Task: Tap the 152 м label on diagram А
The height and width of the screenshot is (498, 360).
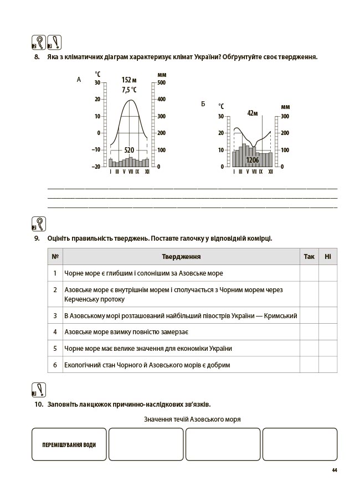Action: (x=129, y=80)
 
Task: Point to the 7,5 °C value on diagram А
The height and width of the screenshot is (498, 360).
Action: (x=129, y=90)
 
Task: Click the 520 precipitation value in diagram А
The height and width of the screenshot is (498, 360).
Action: (x=129, y=150)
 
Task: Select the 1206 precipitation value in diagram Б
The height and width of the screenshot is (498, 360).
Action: (x=253, y=160)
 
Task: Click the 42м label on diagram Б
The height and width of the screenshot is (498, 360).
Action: (x=253, y=113)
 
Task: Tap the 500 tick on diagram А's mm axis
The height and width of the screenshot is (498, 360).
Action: (x=162, y=83)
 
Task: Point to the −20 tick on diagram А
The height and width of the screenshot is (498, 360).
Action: (x=96, y=167)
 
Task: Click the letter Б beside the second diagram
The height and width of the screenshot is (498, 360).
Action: (x=203, y=104)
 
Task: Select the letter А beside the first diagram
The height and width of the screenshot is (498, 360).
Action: (x=79, y=80)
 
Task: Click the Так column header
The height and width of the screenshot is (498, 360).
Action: (x=309, y=257)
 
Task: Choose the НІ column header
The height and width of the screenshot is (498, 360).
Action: (x=328, y=257)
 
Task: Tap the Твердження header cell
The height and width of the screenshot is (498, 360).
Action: (x=181, y=257)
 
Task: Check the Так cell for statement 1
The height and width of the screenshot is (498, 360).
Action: (x=309, y=273)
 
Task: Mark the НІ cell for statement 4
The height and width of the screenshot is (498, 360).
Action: (x=328, y=332)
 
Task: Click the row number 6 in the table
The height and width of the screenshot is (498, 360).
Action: (x=55, y=365)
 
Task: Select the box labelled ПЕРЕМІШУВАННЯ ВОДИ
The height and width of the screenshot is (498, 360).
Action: (x=69, y=444)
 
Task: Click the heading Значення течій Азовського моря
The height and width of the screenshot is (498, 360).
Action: (x=192, y=419)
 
